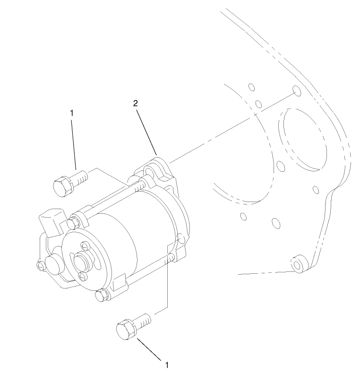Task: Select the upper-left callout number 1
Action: click(72, 113)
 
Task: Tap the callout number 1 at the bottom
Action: click(166, 364)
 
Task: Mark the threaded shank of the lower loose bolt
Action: click(144, 320)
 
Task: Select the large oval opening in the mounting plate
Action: click(302, 140)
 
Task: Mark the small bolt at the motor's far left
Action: click(41, 267)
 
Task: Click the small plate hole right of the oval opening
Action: click(317, 190)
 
